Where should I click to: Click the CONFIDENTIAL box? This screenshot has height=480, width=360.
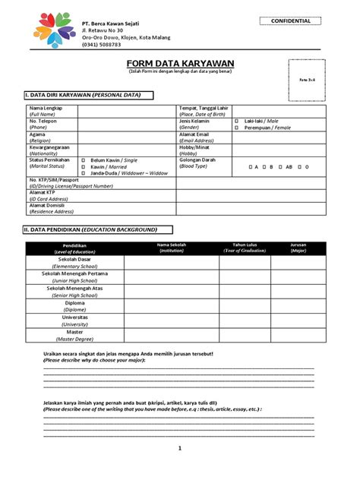click(x=292, y=21)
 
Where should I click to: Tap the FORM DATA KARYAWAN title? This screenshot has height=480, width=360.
click(x=180, y=63)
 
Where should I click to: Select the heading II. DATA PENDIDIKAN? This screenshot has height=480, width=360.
click(x=90, y=229)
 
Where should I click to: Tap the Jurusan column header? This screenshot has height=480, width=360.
click(x=298, y=247)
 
